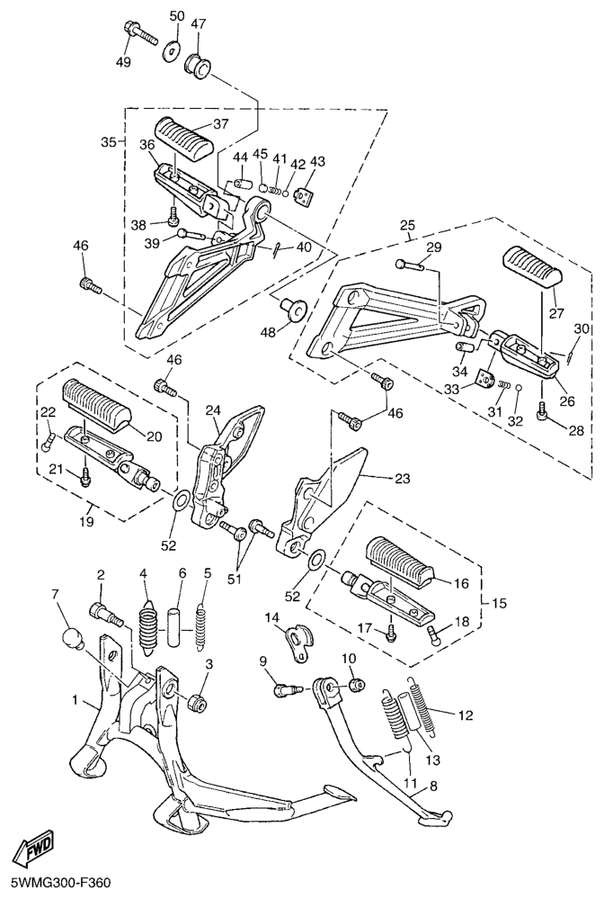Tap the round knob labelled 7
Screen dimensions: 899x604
(x=72, y=642)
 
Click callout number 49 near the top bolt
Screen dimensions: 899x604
(x=122, y=62)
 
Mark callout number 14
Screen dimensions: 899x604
(x=271, y=617)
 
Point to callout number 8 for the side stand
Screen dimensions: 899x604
(x=433, y=786)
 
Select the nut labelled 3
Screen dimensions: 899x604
(x=197, y=701)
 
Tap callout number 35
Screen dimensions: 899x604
(x=108, y=143)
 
